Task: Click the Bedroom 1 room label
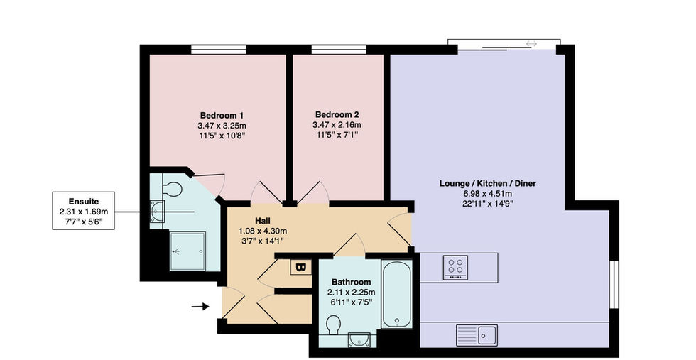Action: pos(222,116)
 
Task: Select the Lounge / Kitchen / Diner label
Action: pos(487,183)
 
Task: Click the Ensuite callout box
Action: pos(84,211)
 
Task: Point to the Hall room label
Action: pos(262,221)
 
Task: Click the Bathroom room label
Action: pos(351,282)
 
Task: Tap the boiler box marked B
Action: pos(301,267)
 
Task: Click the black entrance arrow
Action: pos(200,306)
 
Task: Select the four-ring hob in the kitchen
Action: pos(455,267)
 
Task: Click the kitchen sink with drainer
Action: pos(477,335)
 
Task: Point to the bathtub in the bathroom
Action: pos(397,294)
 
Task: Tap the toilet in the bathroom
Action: pos(333,325)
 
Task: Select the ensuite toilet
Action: pos(171,189)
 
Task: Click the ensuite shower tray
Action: pos(187,251)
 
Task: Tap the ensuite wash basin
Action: pos(157,211)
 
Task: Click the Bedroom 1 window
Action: pos(219,49)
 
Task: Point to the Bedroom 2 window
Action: pos(339,49)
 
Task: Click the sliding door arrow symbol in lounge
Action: pos(532,43)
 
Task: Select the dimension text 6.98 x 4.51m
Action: pos(487,194)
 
